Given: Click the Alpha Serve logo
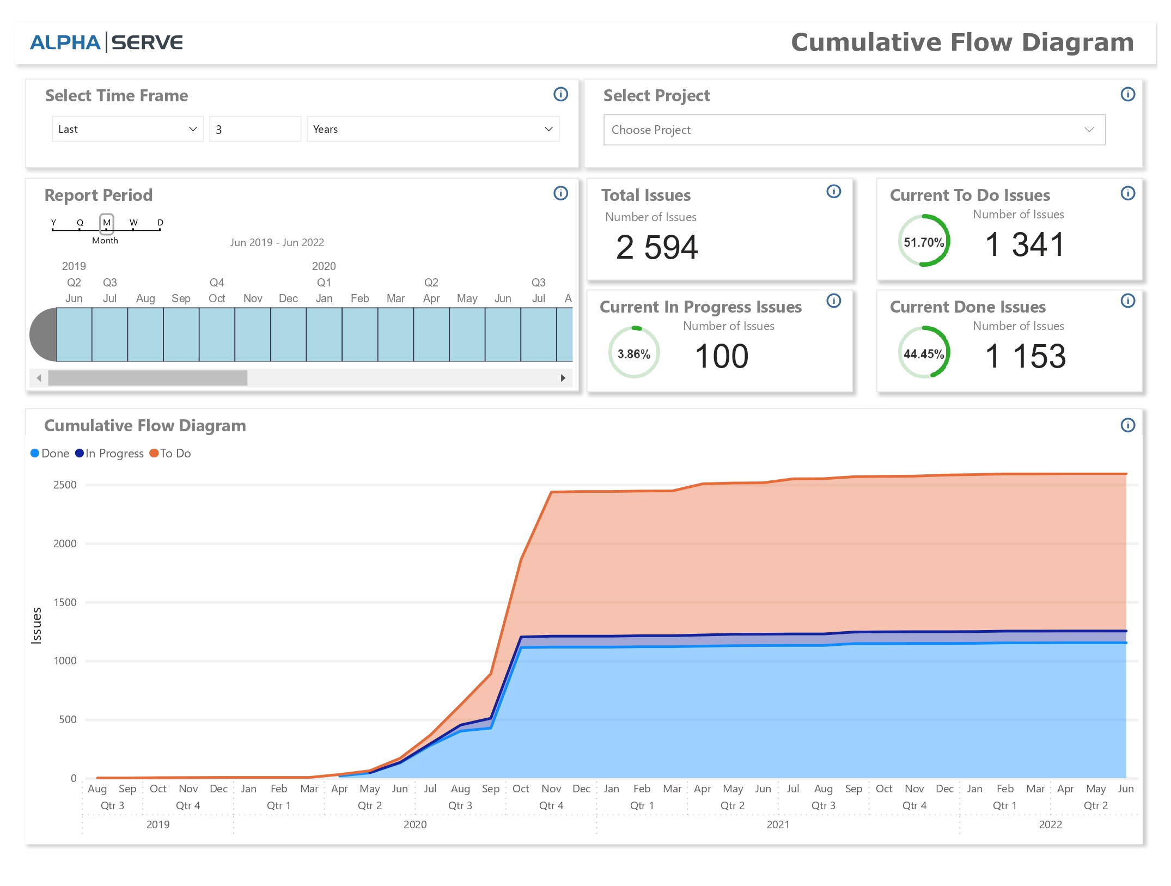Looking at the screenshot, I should pyautogui.click(x=106, y=42).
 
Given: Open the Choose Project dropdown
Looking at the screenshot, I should pyautogui.click(x=853, y=130).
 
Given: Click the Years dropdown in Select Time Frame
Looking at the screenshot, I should pyautogui.click(x=432, y=129).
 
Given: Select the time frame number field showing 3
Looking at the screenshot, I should pyautogui.click(x=254, y=129).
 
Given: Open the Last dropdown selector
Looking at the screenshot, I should pyautogui.click(x=127, y=129).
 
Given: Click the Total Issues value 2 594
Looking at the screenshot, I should pyautogui.click(x=656, y=247).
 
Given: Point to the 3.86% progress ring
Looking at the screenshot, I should pyautogui.click(x=633, y=353).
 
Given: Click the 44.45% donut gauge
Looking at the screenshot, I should pyautogui.click(x=924, y=353).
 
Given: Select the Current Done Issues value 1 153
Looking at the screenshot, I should pyautogui.click(x=1025, y=356).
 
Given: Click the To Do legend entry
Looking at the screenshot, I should pyautogui.click(x=170, y=453).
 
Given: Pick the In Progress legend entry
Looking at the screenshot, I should pyautogui.click(x=109, y=453).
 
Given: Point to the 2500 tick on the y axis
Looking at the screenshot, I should pyautogui.click(x=65, y=485).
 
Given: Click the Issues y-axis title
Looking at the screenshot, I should pyautogui.click(x=36, y=626).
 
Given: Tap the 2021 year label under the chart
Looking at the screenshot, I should pyautogui.click(x=778, y=824).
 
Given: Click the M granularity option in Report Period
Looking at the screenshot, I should pyautogui.click(x=107, y=223).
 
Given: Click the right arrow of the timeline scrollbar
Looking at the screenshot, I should pyautogui.click(x=563, y=378).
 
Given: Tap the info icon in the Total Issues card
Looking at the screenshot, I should pyautogui.click(x=833, y=192).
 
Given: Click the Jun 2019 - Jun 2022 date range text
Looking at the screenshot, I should pyautogui.click(x=277, y=242).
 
